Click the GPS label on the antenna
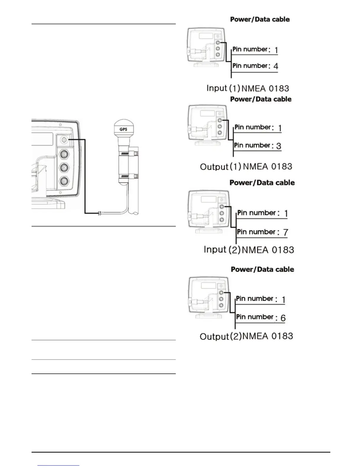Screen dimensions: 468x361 pos(123,129)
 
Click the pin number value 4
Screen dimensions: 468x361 pos(276,66)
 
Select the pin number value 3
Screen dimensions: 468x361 pos(278,146)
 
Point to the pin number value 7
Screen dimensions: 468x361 pos(285,233)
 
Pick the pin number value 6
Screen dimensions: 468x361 pos(283,318)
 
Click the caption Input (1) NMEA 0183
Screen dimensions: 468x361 pos(247,88)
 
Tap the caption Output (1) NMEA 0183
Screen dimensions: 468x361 pos(246,167)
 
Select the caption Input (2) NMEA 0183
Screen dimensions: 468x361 pos(249,250)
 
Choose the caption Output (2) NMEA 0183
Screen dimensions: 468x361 pos(246,336)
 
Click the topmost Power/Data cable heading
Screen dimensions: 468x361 pos(260,19)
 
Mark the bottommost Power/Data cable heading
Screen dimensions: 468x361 pos(262,269)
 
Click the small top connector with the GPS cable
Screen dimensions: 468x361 pos(64,139)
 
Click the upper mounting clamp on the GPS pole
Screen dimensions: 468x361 pos(127,154)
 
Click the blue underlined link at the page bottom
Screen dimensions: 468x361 pos(58,465)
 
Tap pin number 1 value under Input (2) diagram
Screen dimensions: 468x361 pos(286,213)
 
